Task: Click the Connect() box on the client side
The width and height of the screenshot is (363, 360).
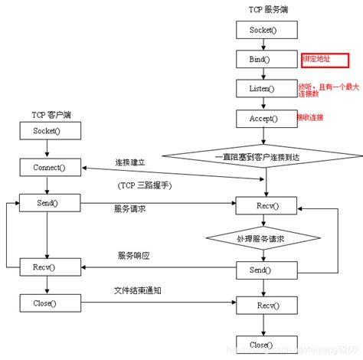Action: point(47,166)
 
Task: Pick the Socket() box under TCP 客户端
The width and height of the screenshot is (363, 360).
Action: point(47,132)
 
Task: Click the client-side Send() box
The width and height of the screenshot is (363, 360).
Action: point(47,203)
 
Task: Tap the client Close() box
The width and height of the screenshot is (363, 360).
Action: point(47,303)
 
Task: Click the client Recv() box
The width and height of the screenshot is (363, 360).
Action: point(47,268)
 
